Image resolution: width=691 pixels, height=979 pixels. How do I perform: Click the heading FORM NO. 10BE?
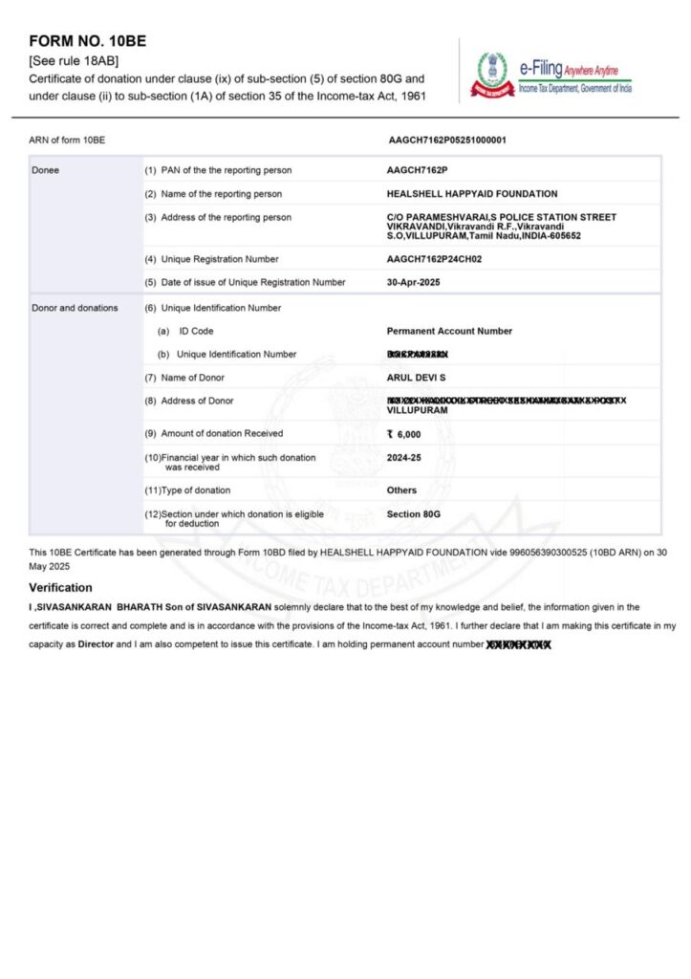click(x=88, y=42)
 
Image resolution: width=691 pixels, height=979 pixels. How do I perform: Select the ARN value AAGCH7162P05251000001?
click(x=447, y=141)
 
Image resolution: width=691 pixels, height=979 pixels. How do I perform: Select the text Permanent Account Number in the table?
click(x=449, y=331)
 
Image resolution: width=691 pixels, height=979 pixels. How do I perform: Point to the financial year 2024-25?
click(x=405, y=458)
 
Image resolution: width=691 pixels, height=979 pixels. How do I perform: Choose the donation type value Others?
click(x=402, y=490)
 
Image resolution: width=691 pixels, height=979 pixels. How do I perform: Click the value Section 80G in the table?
click(x=414, y=514)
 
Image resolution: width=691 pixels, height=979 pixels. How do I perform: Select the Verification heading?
click(x=60, y=587)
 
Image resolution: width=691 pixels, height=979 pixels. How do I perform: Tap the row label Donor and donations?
click(x=76, y=308)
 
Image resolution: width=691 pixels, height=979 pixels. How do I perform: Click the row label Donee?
click(x=46, y=170)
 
